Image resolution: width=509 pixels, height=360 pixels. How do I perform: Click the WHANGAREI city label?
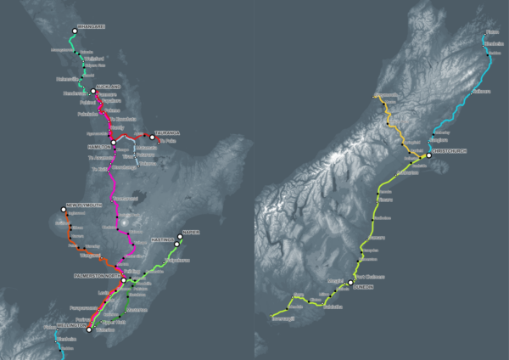click(91, 27)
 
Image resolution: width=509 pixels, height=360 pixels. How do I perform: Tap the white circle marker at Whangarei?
click(74, 31)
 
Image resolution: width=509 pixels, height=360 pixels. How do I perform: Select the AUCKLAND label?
click(108, 87)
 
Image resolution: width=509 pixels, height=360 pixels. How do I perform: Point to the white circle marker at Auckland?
click(94, 91)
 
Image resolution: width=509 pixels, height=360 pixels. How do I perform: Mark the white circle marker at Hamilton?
click(114, 142)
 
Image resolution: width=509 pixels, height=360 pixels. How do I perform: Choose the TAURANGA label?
click(167, 132)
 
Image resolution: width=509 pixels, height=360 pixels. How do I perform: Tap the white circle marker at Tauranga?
click(152, 137)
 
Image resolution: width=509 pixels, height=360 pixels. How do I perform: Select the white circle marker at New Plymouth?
click(63, 210)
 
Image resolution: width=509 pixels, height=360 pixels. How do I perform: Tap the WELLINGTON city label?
click(71, 324)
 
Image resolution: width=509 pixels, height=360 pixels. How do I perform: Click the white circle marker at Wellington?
click(89, 329)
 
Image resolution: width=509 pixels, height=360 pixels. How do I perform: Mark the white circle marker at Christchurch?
click(429, 155)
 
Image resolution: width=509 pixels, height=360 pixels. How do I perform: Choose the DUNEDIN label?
click(363, 286)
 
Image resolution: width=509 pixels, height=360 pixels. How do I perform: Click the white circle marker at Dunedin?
click(349, 283)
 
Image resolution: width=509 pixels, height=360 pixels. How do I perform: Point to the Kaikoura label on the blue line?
click(481, 91)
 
